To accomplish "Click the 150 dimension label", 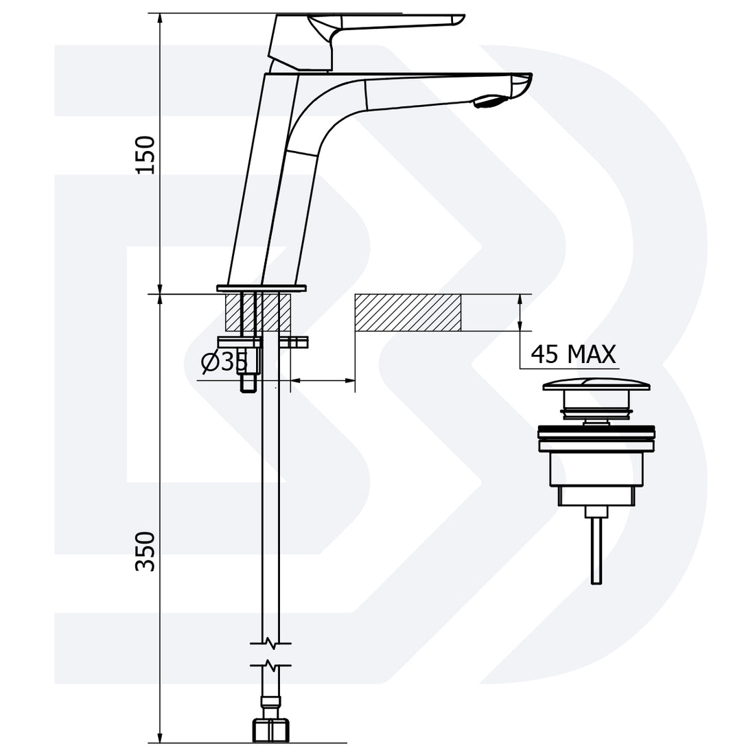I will [x=146, y=154].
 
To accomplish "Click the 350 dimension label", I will [x=146, y=551].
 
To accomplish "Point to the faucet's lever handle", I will [x=384, y=21].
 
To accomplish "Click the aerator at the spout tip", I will [x=489, y=102].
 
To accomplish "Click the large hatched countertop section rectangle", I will [x=408, y=314].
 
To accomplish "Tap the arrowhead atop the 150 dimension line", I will [x=160, y=18].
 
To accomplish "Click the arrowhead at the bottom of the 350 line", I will [x=160, y=737].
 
